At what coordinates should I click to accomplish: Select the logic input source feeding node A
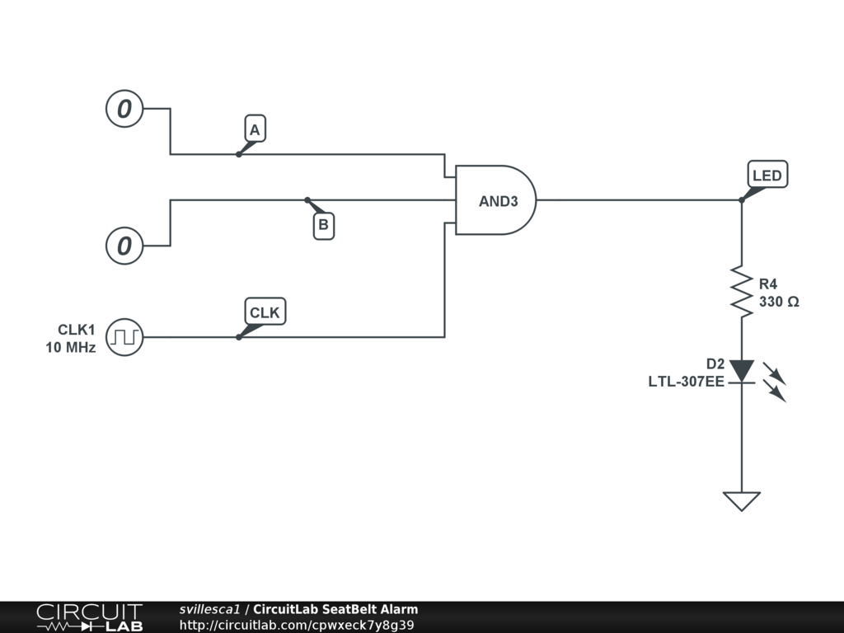[x=124, y=109]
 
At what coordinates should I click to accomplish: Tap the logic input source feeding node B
[x=124, y=246]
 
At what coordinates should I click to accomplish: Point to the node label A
[x=255, y=129]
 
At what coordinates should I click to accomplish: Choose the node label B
[x=324, y=224]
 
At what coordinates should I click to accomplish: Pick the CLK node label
[x=265, y=312]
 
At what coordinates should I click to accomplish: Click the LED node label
[x=767, y=176]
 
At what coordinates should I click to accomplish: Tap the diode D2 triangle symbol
[x=741, y=370]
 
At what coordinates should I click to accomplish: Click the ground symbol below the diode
[x=741, y=500]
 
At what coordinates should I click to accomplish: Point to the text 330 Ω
[x=779, y=302]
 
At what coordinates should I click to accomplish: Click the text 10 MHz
[x=71, y=348]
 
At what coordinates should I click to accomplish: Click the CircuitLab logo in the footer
[x=89, y=617]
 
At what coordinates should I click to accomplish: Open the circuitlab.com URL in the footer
[x=296, y=625]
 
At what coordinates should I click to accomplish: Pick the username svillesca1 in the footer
[x=209, y=610]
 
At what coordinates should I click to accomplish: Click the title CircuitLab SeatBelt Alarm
[x=335, y=610]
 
